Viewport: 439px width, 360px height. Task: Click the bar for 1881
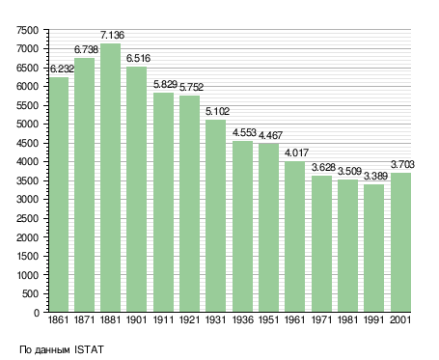[110, 178]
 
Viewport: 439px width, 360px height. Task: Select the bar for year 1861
[58, 194]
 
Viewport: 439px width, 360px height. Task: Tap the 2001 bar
[400, 242]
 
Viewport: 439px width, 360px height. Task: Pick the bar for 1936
[242, 226]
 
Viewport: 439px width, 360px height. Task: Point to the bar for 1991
[373, 248]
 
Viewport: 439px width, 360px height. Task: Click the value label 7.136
[112, 35]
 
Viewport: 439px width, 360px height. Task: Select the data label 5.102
[217, 111]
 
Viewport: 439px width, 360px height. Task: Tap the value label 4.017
[296, 152]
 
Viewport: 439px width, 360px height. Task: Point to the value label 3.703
[402, 164]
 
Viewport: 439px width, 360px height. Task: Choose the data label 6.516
[138, 58]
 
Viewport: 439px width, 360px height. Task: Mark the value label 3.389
[375, 176]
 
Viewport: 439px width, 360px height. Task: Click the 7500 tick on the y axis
[27, 30]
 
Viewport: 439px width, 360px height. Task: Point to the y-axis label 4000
[27, 161]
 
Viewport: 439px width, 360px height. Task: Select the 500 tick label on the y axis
[30, 293]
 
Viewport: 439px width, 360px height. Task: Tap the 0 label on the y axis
[37, 313]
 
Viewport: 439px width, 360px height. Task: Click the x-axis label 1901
[136, 319]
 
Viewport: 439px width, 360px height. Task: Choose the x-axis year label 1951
[268, 319]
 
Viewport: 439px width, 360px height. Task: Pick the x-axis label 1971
[321, 319]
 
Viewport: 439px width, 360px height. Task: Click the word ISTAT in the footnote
[89, 349]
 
